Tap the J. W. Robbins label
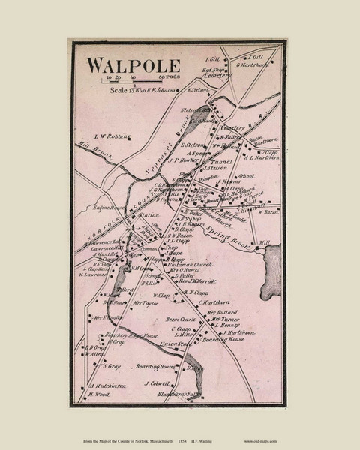109,136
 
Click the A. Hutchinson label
104,385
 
